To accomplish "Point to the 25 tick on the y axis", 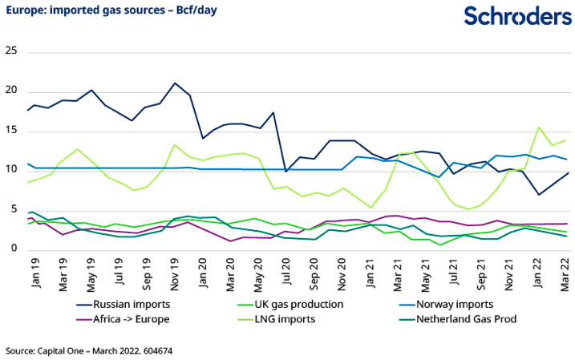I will click(11, 51).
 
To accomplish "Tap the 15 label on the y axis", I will click(11, 130).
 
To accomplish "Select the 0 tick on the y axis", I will click(14, 249).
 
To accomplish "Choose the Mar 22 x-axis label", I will click(564, 266).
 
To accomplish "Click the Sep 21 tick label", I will click(481, 267).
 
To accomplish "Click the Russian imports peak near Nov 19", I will click(175, 83).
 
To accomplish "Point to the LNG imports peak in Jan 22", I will click(538, 127).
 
